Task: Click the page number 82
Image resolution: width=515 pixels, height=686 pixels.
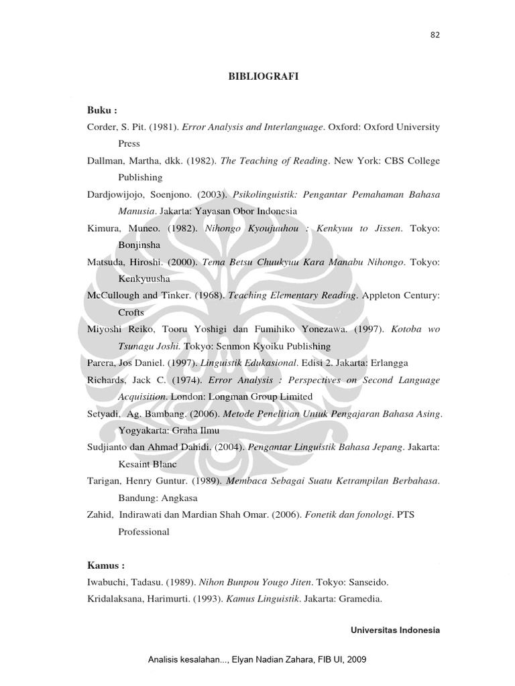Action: coord(435,36)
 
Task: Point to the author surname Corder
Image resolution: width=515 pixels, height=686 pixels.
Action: coord(103,126)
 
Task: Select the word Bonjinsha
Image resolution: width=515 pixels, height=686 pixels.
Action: coord(139,245)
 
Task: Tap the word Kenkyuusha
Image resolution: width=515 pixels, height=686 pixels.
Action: coord(144,279)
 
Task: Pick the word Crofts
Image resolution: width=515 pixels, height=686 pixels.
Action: coord(131,313)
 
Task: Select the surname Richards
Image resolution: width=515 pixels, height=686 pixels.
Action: coord(107,380)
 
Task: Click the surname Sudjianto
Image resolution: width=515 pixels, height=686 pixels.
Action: coord(107,448)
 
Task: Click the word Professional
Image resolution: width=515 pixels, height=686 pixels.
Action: coord(144,532)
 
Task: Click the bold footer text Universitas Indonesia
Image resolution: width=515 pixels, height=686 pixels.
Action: coord(395,630)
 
